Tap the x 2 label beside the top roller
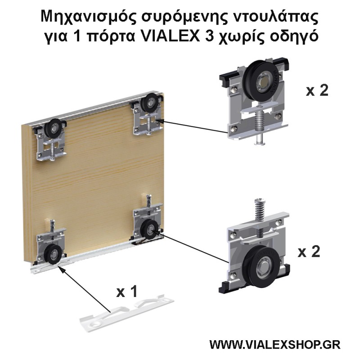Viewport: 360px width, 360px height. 317,90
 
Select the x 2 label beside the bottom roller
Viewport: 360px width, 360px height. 308,251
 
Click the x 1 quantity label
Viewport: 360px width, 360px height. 126,292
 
